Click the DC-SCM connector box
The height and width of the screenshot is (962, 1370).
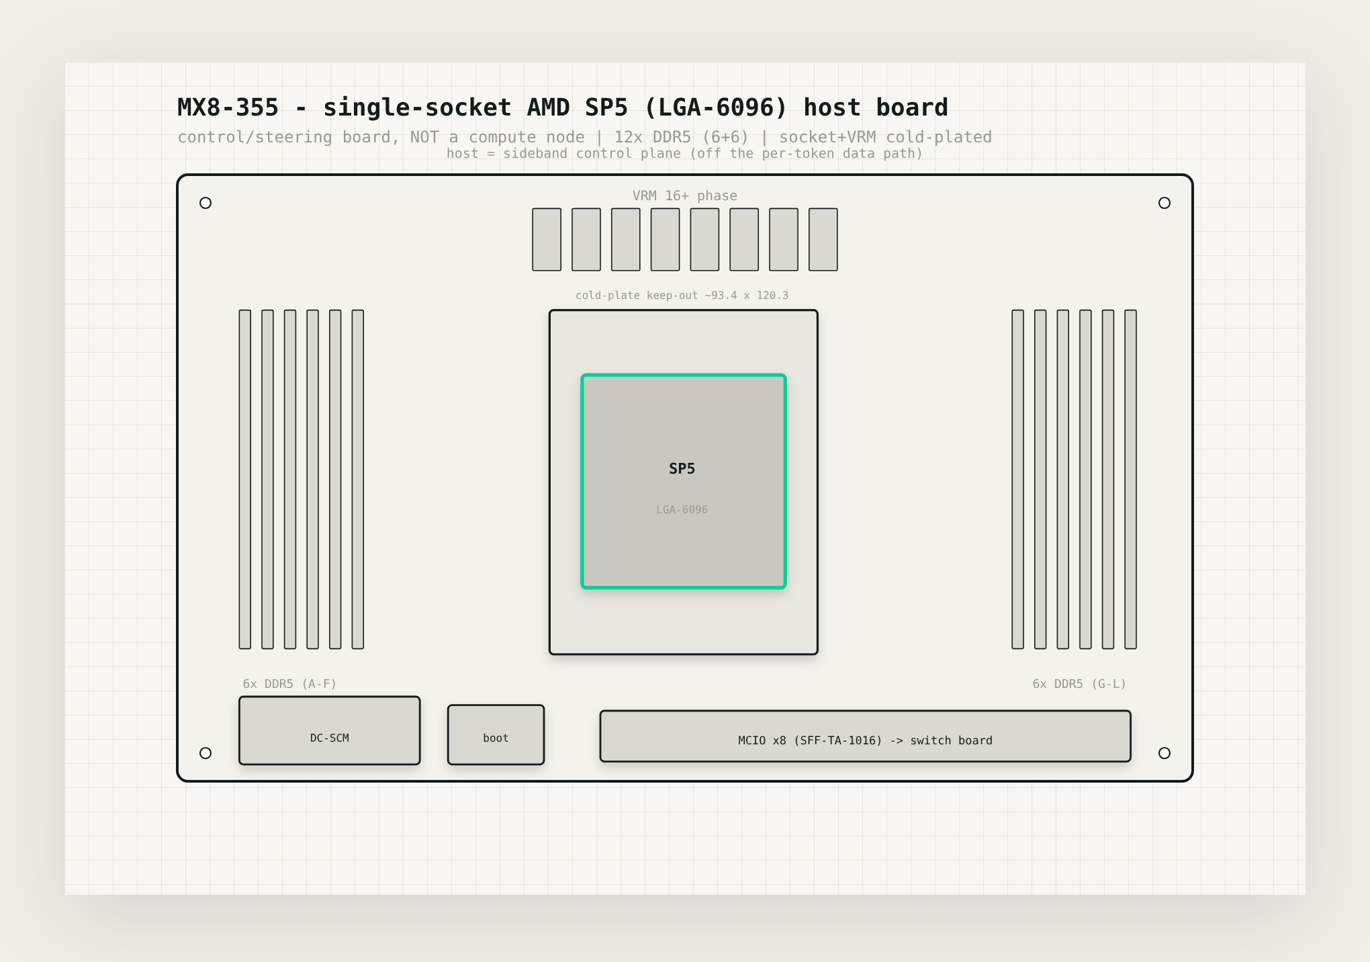coord(330,730)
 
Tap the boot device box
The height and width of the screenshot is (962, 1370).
coord(496,734)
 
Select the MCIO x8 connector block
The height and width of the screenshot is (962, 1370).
coord(865,736)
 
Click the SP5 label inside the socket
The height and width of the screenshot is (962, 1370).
coord(682,469)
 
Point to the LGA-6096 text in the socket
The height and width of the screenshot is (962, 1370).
coord(682,510)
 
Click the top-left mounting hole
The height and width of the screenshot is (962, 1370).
coord(205,203)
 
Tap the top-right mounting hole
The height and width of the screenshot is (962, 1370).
coord(1164,203)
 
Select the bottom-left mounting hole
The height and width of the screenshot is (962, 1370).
coord(205,753)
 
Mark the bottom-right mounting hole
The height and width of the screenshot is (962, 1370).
coord(1164,753)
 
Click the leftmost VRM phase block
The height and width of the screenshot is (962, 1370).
coord(547,239)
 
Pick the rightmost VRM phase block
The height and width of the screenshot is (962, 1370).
coord(823,239)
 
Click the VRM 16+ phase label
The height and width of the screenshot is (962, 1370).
coord(684,195)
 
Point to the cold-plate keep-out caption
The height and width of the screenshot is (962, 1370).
coord(682,296)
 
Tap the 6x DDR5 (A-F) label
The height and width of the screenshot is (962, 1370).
coord(289,684)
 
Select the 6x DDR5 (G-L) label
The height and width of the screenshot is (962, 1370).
coord(1079,684)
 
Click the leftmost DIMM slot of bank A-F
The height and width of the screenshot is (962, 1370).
coord(245,479)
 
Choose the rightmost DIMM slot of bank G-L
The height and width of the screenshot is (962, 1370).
coord(1131,479)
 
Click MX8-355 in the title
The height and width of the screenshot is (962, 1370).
coord(228,107)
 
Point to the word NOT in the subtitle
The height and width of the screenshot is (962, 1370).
coord(424,137)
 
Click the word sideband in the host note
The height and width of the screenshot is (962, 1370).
coord(535,153)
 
